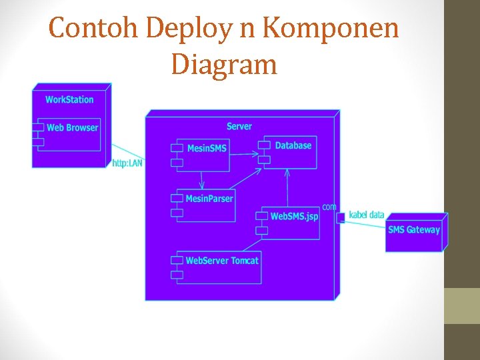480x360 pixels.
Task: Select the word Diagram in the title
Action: pos(223,65)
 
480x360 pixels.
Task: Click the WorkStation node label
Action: pos(69,99)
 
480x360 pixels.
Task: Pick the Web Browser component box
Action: pos(69,134)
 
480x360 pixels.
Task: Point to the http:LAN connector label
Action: pos(127,163)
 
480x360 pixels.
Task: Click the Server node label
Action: pos(239,126)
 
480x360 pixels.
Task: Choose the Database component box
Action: pos(291,153)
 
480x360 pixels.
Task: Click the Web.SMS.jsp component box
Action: pos(291,223)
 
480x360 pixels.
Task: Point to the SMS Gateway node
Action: pos(414,234)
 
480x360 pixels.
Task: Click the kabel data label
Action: pos(367,215)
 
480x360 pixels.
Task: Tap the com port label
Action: pos(329,207)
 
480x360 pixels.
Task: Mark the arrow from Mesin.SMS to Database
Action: pos(245,154)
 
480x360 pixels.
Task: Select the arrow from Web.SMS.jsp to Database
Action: pos(287,187)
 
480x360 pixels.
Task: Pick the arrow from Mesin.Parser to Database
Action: pos(247,182)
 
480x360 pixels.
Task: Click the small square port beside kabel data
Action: pos(341,217)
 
